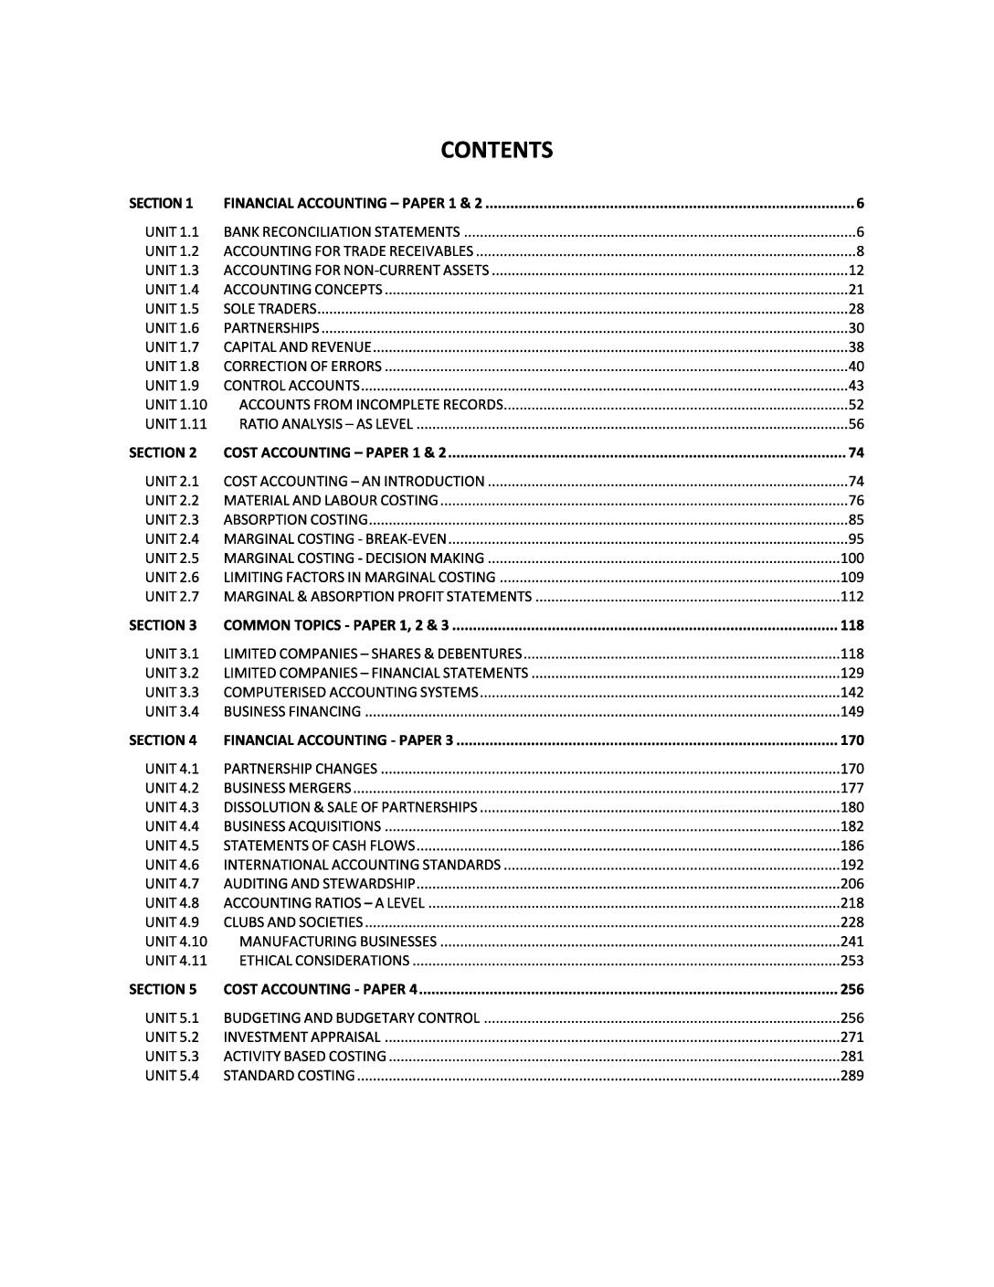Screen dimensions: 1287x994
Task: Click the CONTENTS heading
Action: (497, 150)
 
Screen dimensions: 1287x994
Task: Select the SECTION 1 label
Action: (162, 203)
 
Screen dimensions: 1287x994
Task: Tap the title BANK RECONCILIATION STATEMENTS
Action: (342, 232)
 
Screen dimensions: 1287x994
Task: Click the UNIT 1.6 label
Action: (172, 328)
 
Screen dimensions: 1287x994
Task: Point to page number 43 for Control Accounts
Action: (856, 386)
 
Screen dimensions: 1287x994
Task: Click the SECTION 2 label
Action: (162, 452)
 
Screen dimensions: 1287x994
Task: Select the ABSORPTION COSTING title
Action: (296, 520)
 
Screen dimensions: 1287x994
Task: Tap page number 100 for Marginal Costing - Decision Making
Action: (852, 558)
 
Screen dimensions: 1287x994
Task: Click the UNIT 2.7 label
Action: (172, 597)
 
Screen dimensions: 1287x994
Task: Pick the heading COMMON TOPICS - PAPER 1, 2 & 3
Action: (336, 625)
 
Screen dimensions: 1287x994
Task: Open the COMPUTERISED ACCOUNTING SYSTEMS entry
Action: (351, 693)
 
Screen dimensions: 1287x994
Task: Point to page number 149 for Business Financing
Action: (852, 712)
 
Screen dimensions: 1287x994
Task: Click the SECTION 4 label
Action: (162, 740)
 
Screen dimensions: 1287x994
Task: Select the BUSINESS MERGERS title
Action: (288, 788)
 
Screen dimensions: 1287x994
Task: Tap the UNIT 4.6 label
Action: (172, 865)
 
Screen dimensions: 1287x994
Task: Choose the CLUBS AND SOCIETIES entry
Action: (293, 922)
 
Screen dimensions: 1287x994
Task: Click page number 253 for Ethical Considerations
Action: (852, 961)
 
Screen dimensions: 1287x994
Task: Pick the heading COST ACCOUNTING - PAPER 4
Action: (321, 990)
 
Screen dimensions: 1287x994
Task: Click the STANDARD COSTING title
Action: (290, 1076)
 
